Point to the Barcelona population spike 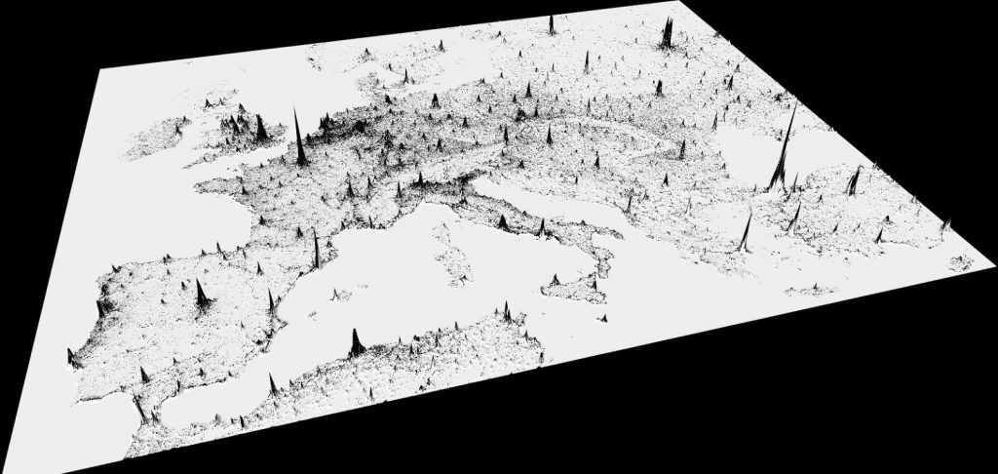(317, 249)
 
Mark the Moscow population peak (670, 34)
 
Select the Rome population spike (502, 222)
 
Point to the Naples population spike (541, 228)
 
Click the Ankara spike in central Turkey (856, 179)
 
